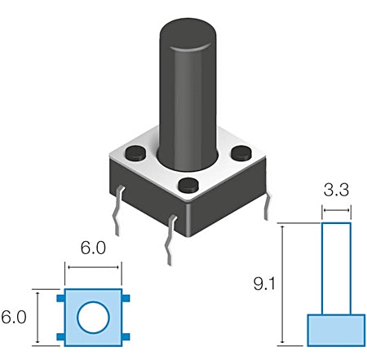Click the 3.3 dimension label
coord(336,190)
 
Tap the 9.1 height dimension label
coord(264,283)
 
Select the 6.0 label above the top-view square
coord(93,248)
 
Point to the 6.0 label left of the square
coord(14,317)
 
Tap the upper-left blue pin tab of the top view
coord(60,298)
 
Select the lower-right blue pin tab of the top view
coord(126,337)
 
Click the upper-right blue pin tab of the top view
coord(126,298)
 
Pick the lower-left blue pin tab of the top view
coord(60,337)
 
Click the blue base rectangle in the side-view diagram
coord(336,331)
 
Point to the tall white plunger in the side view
coord(336,269)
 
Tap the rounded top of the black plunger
coord(188,34)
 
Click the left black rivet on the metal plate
coord(135,152)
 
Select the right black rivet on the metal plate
coord(241,153)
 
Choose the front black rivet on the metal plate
coord(188,185)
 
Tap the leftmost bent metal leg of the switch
coord(117,211)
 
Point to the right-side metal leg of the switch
coord(268,206)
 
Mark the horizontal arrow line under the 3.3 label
coord(336,210)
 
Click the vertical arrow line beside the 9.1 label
coord(283,284)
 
